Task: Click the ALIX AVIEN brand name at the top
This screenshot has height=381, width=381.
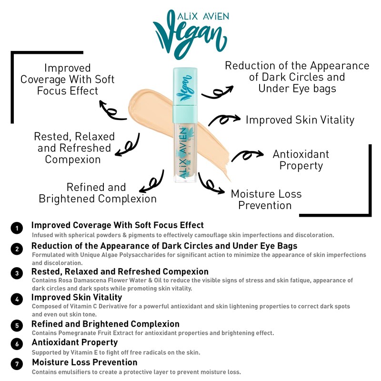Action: click(x=196, y=16)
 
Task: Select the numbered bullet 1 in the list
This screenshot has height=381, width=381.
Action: click(x=17, y=228)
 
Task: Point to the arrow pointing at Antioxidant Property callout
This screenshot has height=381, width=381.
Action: click(x=247, y=155)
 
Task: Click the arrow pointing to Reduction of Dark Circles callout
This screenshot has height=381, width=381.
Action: click(x=217, y=91)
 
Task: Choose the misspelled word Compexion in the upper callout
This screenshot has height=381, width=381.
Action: click(x=73, y=160)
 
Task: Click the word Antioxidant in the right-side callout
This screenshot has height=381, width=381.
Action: click(x=301, y=154)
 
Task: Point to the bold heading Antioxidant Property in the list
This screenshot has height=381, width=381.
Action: click(x=75, y=342)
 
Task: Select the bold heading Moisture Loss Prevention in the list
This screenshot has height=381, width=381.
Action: click(x=84, y=362)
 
